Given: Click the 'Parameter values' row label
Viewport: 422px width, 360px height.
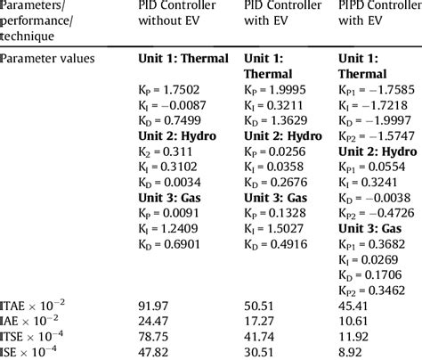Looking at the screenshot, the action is pyautogui.click(x=48, y=58).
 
